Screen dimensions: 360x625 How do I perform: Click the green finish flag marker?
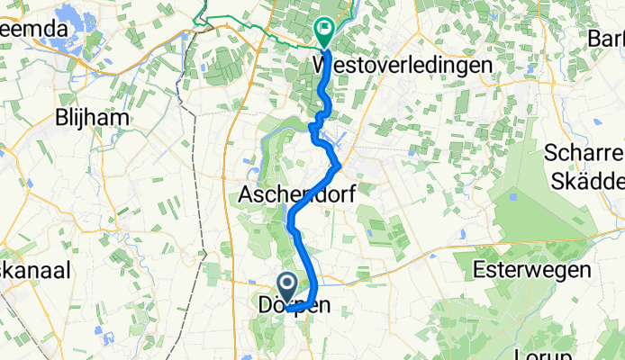point(323,33)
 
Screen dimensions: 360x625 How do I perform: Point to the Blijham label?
point(89,118)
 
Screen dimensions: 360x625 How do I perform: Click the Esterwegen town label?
point(533,268)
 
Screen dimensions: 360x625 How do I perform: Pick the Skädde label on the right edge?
point(587,179)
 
